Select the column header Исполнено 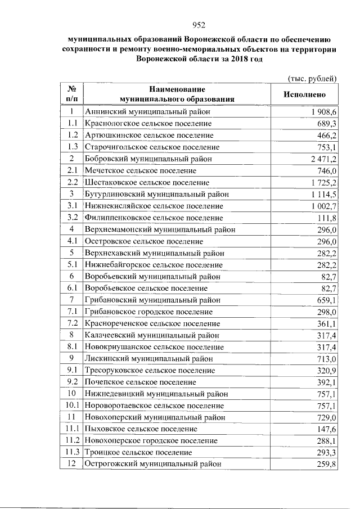point(304,95)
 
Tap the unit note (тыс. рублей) point(312,78)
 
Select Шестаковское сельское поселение point(147,182)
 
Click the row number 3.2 point(71,218)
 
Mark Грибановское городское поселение point(148,312)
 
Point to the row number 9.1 point(71,370)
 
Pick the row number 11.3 point(71,452)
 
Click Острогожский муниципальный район point(152,464)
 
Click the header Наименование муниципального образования point(177,94)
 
